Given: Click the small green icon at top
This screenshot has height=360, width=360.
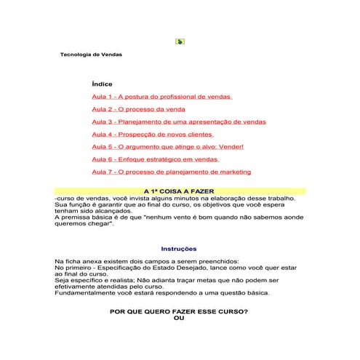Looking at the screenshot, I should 180,41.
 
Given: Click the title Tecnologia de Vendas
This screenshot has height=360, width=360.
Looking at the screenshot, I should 91,55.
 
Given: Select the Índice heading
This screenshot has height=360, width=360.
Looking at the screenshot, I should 102,84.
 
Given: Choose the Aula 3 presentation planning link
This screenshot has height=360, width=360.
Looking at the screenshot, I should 179,121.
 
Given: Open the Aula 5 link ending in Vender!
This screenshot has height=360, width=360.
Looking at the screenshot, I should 168,146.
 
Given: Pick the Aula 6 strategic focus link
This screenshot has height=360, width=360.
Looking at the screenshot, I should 156,159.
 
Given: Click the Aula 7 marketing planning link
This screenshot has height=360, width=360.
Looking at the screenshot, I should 172,172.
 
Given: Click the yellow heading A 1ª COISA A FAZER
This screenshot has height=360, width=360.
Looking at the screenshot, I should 179,191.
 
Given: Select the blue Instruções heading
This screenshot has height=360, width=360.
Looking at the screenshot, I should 178,249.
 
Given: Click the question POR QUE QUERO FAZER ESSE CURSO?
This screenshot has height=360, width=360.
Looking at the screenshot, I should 178,311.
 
